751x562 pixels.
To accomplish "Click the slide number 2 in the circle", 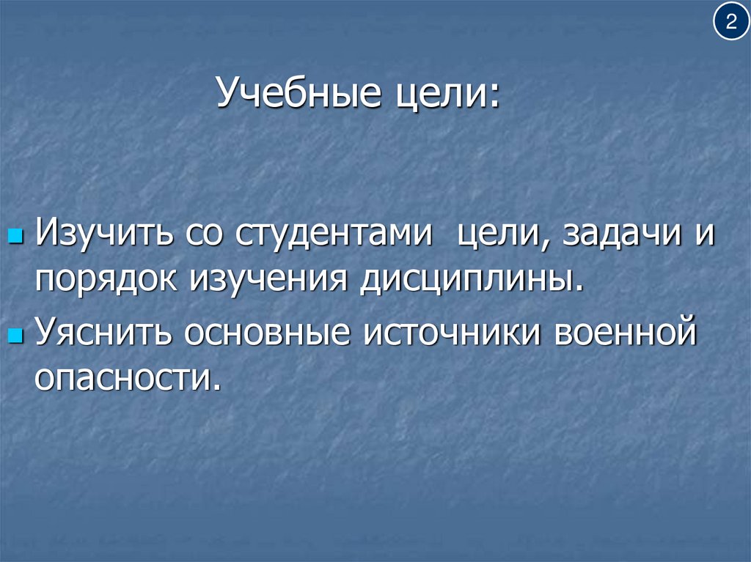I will pos(730,23).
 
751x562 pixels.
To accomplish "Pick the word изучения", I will pos(270,281).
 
